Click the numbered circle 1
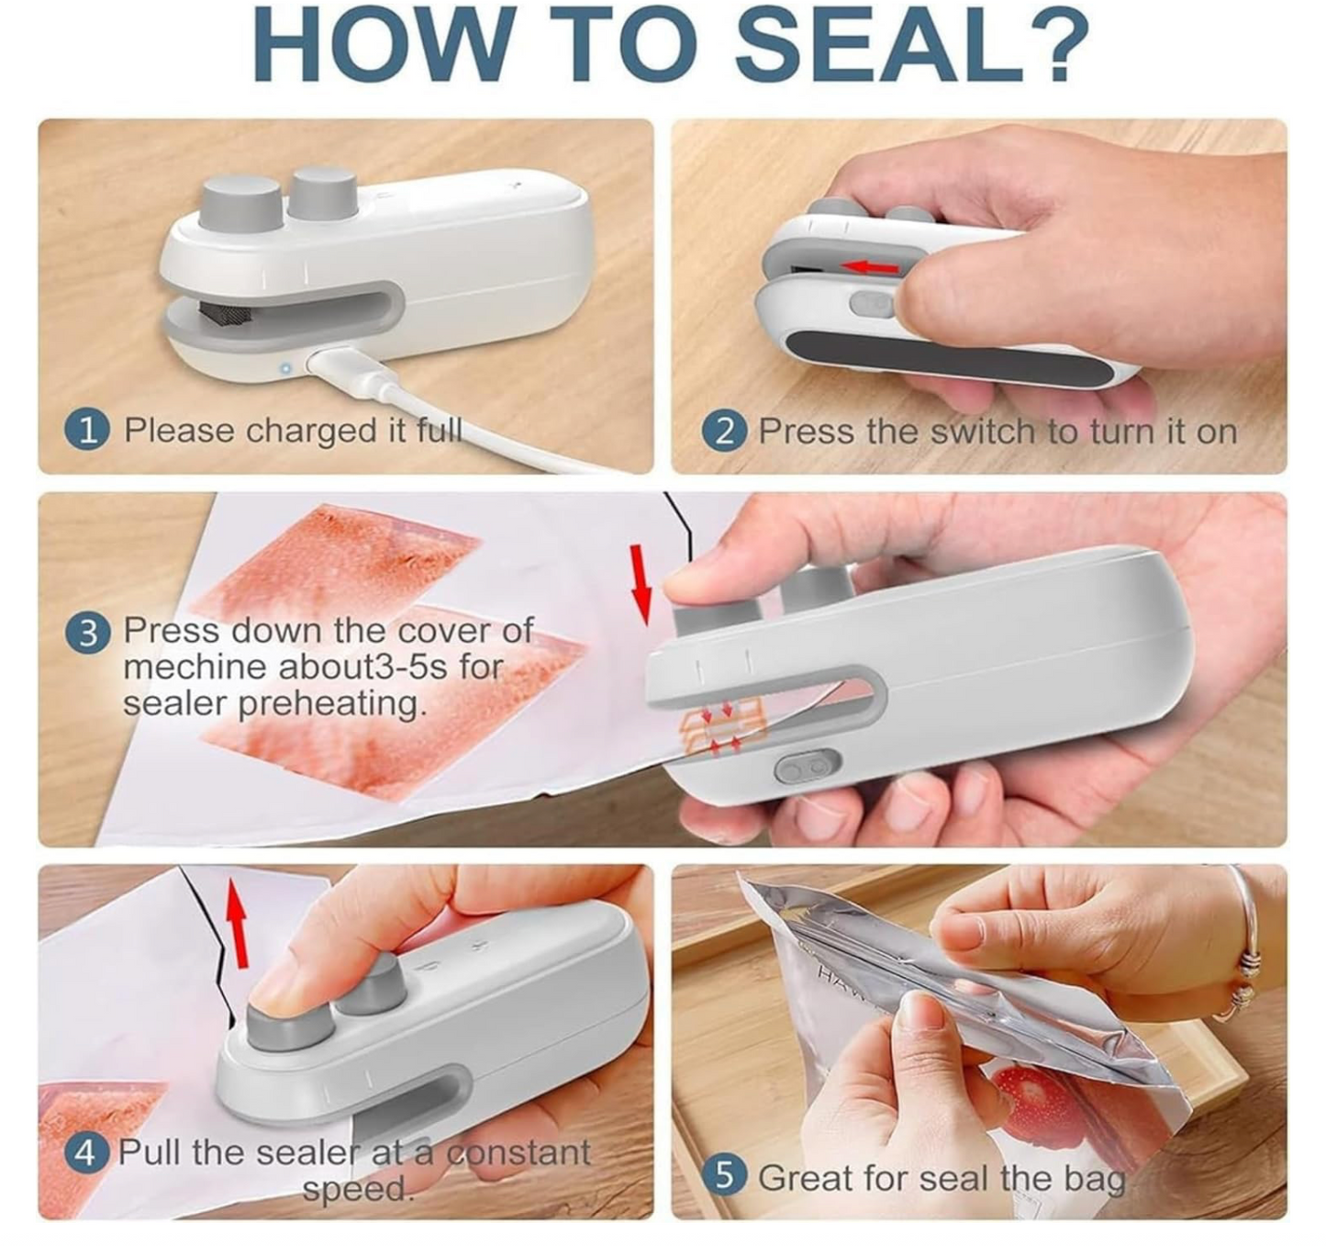(87, 430)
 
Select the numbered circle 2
(724, 431)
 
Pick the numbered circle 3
(87, 632)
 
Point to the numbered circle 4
(85, 1151)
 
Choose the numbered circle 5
(724, 1176)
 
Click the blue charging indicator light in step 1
(285, 368)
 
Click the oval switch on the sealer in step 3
(807, 766)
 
